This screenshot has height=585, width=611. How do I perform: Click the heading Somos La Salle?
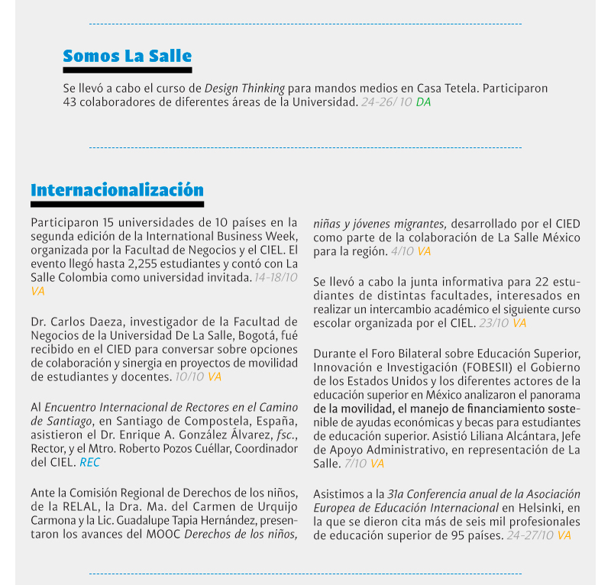tap(127, 56)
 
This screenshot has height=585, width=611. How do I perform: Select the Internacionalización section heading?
tap(117, 189)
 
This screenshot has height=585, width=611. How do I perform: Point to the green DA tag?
tap(423, 102)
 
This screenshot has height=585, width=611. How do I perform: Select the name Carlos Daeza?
tap(87, 321)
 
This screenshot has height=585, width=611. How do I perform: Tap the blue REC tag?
tap(90, 463)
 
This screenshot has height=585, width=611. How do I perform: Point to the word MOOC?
tap(164, 532)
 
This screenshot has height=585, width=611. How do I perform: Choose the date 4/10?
tap(401, 250)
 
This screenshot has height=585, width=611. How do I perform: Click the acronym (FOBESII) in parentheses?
tap(473, 367)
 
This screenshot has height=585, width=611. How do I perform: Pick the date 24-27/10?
tap(529, 535)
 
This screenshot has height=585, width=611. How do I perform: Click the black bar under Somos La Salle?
tap(127, 69)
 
